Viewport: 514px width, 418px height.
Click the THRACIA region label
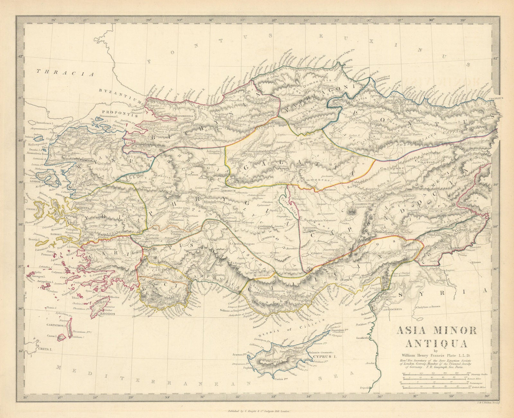(65, 73)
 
